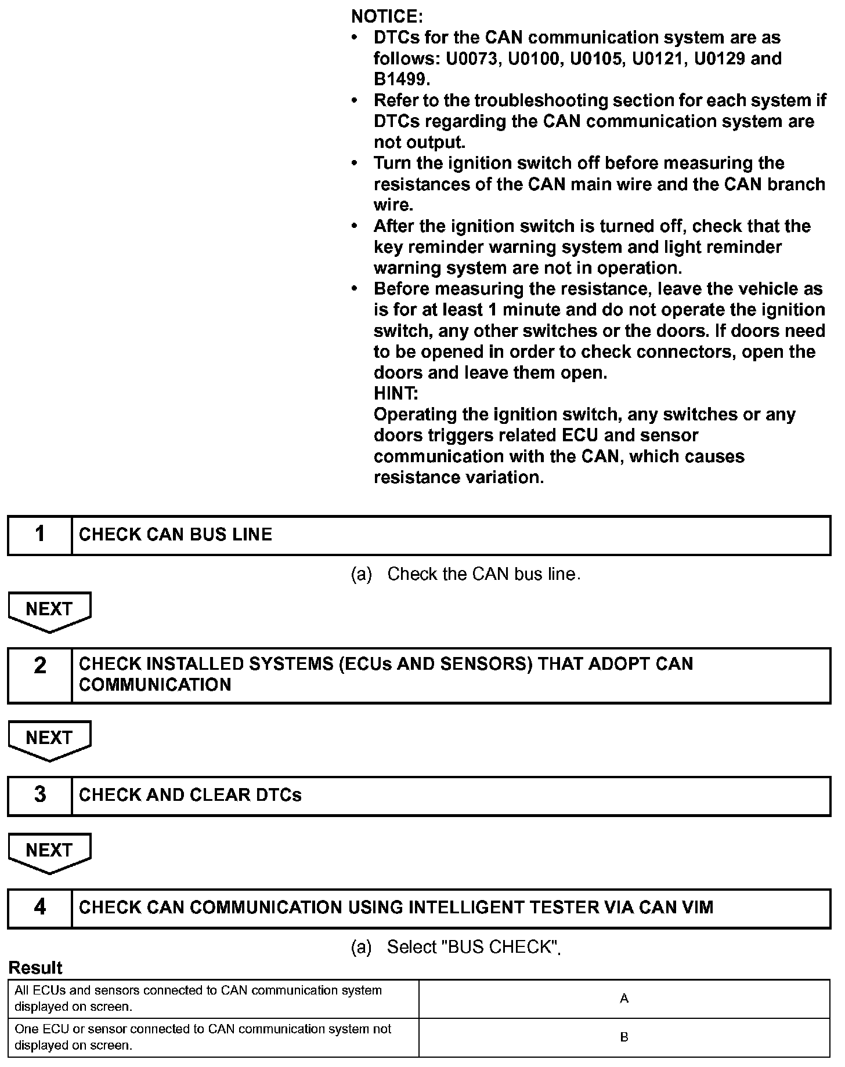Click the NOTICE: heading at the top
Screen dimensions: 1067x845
point(387,16)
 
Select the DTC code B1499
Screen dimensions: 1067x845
point(400,79)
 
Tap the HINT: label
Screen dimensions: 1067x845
point(396,394)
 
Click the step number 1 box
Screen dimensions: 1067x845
point(39,534)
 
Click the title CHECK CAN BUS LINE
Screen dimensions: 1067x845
point(175,535)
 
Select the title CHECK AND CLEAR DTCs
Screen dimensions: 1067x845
point(190,795)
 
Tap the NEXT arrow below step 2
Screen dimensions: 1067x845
point(49,739)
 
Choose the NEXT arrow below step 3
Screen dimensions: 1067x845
point(49,852)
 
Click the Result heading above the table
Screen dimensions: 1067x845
point(35,968)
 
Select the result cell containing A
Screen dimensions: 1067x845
point(624,999)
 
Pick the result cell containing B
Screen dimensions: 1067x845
point(624,1037)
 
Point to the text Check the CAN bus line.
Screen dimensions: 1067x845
point(483,574)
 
